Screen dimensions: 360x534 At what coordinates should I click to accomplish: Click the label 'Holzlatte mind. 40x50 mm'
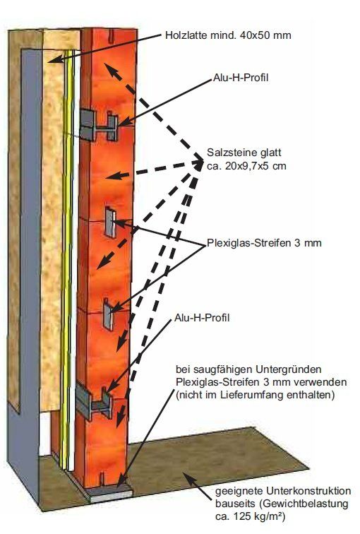pyautogui.click(x=228, y=35)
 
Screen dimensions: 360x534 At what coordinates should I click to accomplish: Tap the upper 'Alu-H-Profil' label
pyautogui.click(x=241, y=78)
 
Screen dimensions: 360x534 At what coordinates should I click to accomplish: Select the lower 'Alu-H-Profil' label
pyautogui.click(x=202, y=318)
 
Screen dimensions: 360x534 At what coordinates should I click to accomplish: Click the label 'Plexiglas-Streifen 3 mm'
pyautogui.click(x=264, y=243)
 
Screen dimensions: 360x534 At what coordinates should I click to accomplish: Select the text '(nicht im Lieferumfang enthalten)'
pyautogui.click(x=256, y=395)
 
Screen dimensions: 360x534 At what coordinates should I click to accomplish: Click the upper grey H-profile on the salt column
pyautogui.click(x=99, y=125)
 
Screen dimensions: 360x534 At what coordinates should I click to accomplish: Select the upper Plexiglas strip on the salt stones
pyautogui.click(x=110, y=222)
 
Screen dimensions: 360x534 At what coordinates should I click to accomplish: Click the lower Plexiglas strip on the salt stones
pyautogui.click(x=109, y=314)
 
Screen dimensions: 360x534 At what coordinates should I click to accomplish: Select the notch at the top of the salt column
pyautogui.click(x=111, y=36)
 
